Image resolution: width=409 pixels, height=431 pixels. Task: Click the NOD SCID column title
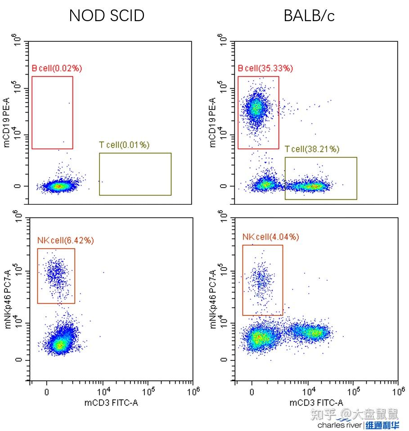click(107, 16)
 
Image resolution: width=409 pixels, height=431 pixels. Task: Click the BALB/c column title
click(310, 16)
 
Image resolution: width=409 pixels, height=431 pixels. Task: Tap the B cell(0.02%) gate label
click(57, 68)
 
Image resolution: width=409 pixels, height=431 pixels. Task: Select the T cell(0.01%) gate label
click(124, 145)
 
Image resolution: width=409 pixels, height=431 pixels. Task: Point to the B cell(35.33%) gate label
click(265, 68)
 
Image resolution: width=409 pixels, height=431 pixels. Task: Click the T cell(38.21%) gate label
click(312, 149)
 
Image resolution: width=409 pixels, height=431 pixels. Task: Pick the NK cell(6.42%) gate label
click(66, 240)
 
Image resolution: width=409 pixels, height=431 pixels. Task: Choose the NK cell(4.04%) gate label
click(271, 237)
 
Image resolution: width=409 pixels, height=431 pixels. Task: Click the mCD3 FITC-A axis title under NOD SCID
click(111, 403)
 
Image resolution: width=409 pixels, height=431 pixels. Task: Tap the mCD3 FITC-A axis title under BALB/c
click(316, 403)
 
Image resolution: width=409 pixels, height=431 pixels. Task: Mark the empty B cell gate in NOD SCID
click(52, 112)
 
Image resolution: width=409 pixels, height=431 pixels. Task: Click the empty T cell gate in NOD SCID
click(135, 174)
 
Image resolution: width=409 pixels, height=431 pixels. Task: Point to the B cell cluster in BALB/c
click(256, 108)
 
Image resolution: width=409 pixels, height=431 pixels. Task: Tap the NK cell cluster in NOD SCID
click(56, 273)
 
